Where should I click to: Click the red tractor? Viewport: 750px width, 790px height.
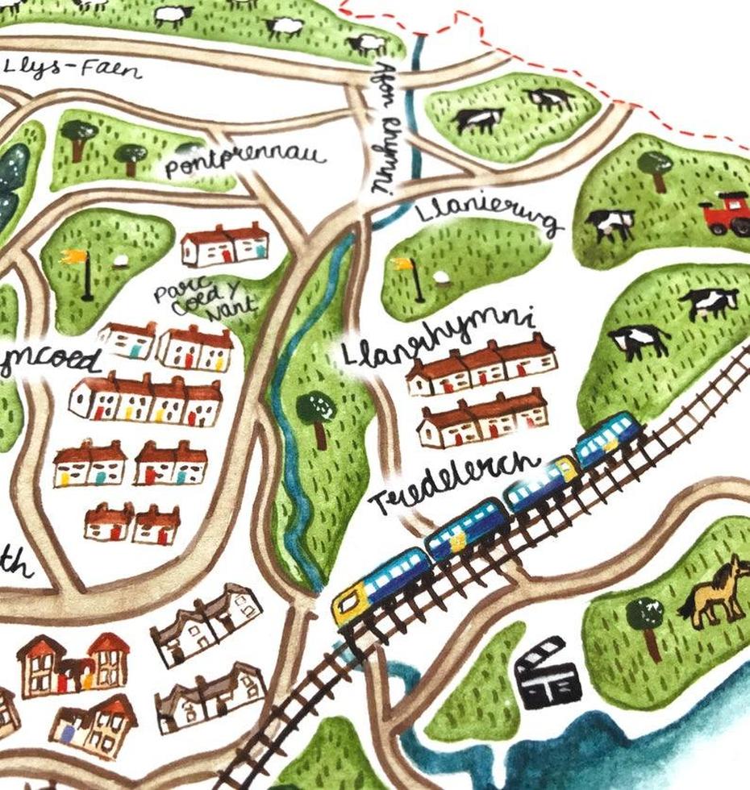[726, 214]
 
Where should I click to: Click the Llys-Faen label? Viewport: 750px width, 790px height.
[73, 70]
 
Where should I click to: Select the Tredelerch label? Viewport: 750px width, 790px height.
[454, 483]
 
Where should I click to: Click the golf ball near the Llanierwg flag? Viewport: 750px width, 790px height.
[440, 276]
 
